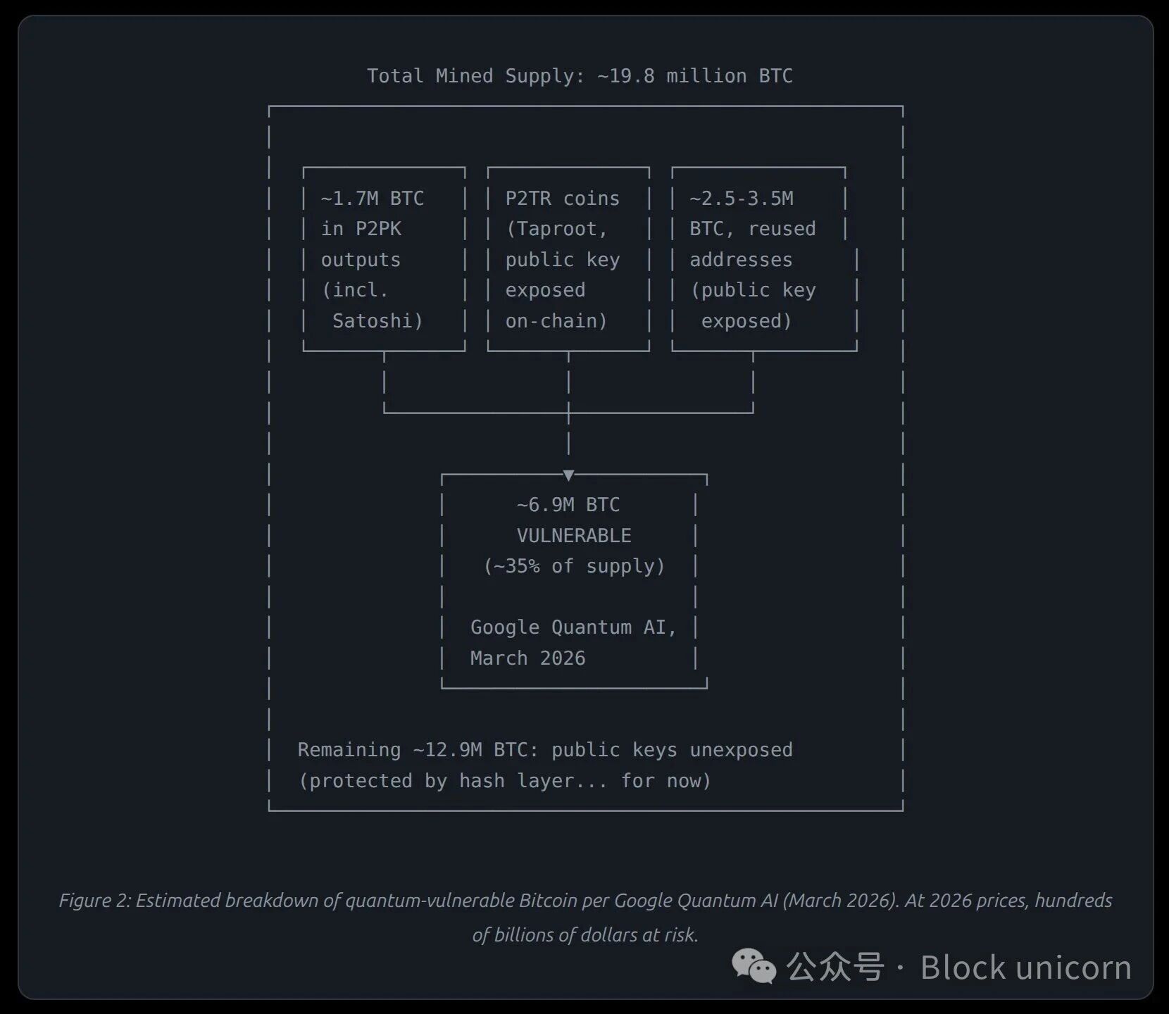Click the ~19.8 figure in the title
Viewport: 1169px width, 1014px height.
coord(625,76)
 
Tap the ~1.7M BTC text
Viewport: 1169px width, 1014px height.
coord(372,199)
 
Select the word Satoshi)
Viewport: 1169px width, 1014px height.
coord(377,321)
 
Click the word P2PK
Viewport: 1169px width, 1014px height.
coord(378,229)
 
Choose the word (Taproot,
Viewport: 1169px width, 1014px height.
coord(556,229)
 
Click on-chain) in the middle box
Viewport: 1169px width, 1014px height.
coord(556,321)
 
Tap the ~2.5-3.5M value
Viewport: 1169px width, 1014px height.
coord(741,199)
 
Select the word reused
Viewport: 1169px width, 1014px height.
coord(782,229)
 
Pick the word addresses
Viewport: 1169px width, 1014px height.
coord(741,260)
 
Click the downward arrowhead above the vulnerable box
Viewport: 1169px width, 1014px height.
coord(568,475)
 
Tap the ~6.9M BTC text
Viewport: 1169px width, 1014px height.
coord(568,505)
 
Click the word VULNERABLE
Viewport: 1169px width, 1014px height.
coord(574,536)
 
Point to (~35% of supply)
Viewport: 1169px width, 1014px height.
coord(574,566)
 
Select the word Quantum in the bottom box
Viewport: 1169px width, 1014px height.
coord(591,627)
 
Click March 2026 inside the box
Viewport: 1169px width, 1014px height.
coord(527,658)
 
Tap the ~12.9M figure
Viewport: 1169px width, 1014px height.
coord(447,750)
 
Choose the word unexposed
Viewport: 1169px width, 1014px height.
coord(741,750)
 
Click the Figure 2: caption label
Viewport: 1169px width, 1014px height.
coord(94,901)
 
